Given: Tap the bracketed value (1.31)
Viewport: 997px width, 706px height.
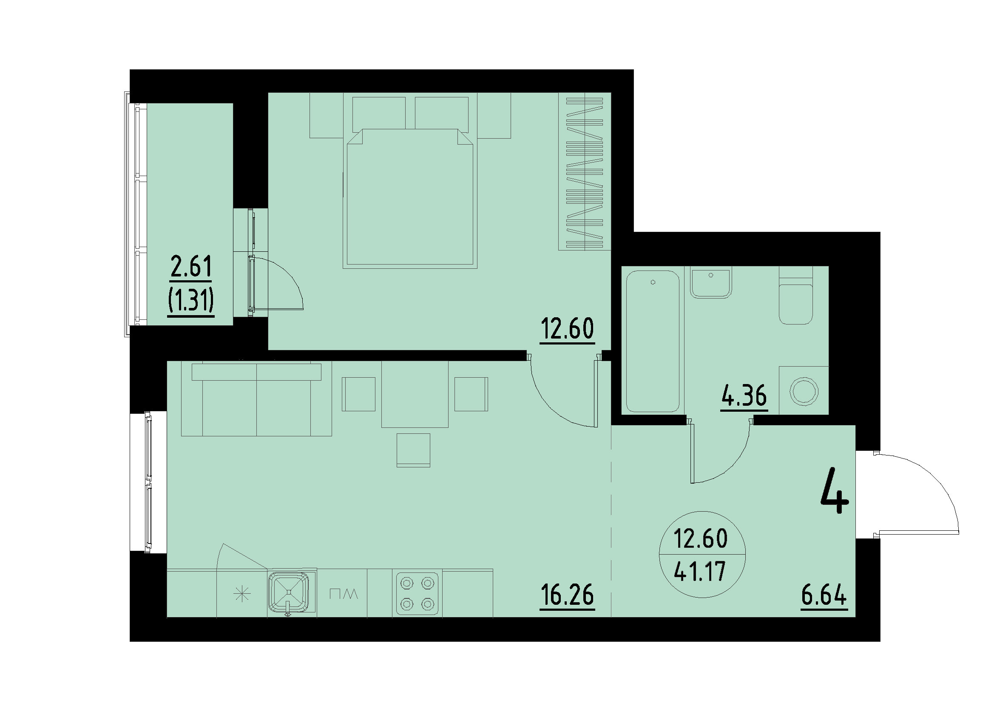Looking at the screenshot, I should click(191, 301).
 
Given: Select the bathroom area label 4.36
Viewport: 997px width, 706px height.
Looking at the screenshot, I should click(744, 396).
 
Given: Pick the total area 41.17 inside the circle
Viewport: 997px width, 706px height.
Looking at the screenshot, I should click(700, 572).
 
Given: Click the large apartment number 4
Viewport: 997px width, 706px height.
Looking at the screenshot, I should click(834, 492).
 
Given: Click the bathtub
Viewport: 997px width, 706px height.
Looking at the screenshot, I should click(652, 341).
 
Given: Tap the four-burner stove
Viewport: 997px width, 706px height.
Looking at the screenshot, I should click(417, 593).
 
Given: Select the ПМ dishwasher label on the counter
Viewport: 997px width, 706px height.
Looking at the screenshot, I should click(343, 593).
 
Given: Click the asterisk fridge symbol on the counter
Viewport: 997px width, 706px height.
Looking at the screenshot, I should click(242, 594).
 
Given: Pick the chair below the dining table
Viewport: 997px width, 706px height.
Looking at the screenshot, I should click(413, 450).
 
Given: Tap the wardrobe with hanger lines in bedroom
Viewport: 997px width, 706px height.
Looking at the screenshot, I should click(585, 171).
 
